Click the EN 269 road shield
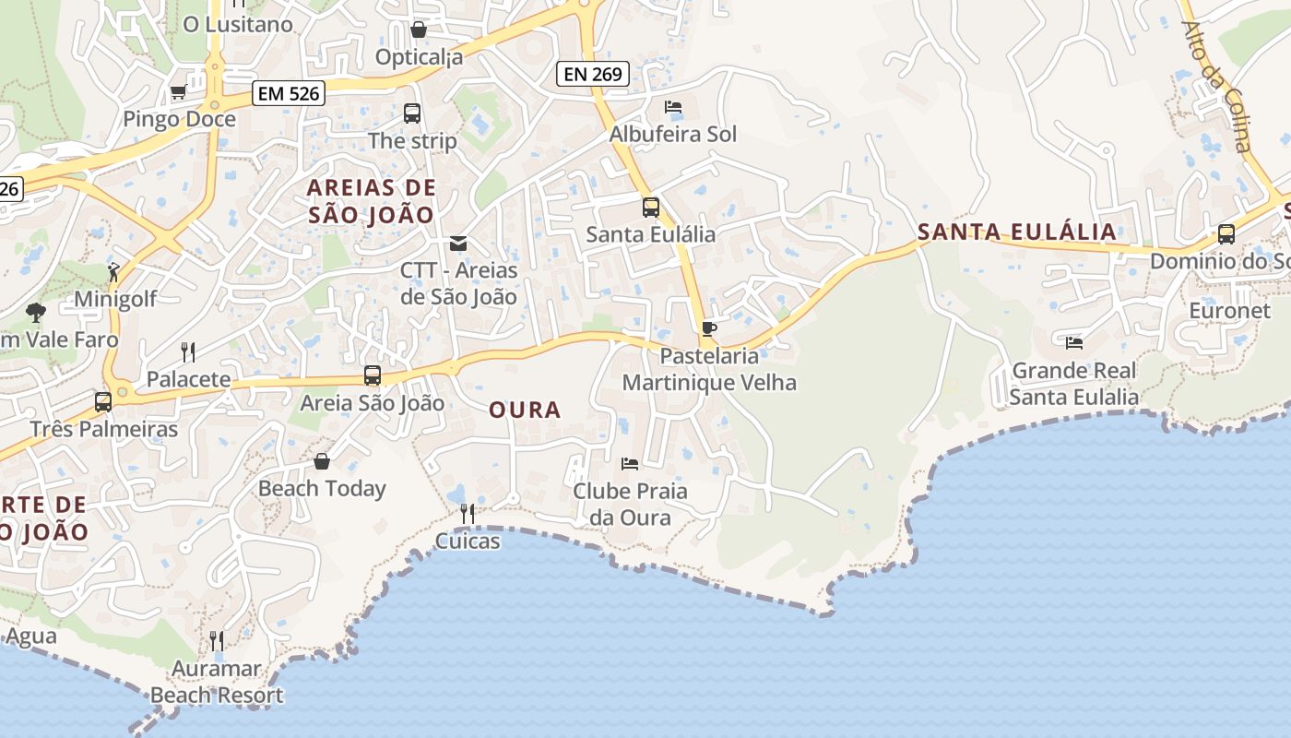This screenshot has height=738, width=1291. [x=593, y=74]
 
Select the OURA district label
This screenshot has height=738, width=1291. [x=525, y=410]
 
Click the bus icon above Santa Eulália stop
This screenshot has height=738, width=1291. [x=651, y=207]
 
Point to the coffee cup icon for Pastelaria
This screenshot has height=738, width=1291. [x=708, y=328]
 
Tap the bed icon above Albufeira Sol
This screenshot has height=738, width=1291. [x=673, y=107]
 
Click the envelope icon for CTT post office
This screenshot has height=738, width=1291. [x=458, y=244]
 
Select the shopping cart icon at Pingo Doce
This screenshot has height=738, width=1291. [x=178, y=91]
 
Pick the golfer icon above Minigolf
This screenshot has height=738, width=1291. [x=113, y=272]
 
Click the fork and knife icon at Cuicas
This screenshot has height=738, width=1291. [x=468, y=513]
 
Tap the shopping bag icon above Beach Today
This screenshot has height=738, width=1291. [x=322, y=461]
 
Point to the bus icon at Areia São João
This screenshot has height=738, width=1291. [x=373, y=375]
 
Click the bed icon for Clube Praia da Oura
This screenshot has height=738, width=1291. [x=630, y=463]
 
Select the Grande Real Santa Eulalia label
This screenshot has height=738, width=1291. [x=1074, y=384]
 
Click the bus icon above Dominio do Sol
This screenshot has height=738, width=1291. [x=1226, y=234]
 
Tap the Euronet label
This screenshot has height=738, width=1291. [x=1229, y=311]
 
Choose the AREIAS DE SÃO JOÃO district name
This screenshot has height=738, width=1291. [x=371, y=201]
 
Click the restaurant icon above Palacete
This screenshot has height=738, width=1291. [x=188, y=351]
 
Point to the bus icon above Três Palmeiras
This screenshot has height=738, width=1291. [x=103, y=402]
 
